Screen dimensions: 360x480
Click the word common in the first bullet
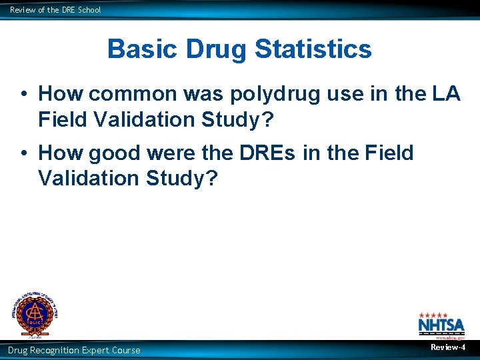141,94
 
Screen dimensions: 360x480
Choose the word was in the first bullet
205,94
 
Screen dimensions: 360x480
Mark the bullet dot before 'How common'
23,94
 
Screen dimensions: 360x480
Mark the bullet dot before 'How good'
23,153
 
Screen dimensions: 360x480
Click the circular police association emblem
33,313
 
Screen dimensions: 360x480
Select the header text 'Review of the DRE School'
55,9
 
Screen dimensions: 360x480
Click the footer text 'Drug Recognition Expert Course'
74,351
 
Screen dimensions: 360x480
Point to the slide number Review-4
448,348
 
